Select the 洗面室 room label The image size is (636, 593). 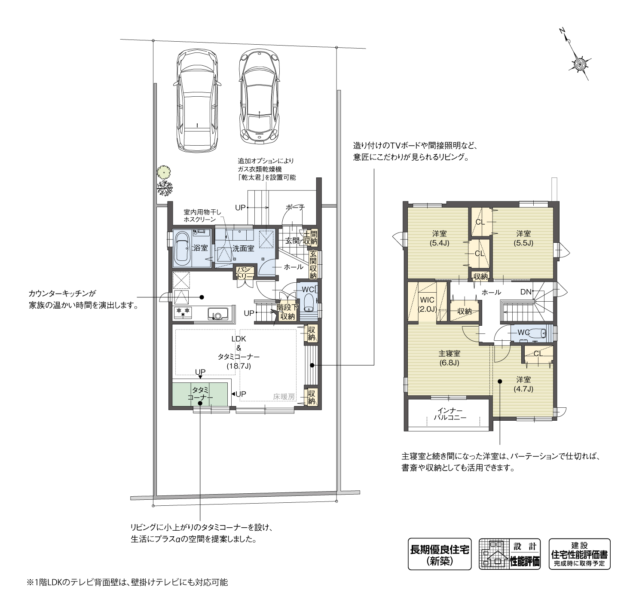243,248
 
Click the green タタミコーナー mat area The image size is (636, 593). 200,394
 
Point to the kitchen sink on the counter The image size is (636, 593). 218,314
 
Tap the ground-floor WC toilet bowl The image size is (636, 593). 309,303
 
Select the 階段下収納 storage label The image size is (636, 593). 287,312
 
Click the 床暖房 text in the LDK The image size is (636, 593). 284,397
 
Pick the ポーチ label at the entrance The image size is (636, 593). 295,207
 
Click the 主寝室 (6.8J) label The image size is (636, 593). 449,358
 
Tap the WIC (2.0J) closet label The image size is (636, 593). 427,304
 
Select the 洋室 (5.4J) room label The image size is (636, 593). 439,238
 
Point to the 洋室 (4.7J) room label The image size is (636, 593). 523,384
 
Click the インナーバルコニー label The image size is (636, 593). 450,414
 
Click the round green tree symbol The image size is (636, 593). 164,172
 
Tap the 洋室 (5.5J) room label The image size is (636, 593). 523,238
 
